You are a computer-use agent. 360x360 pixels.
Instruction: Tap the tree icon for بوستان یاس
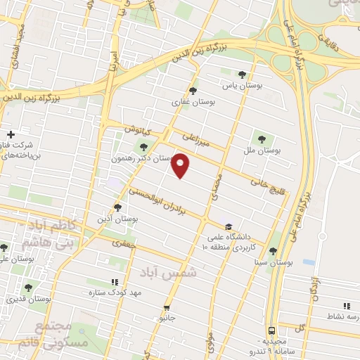point(243,74)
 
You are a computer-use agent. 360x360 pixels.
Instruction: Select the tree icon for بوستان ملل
point(262,139)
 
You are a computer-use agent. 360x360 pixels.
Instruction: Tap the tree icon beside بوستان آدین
point(118,207)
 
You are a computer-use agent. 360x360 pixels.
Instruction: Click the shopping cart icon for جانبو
point(167,307)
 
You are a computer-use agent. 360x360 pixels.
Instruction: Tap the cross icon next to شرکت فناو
point(11,134)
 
